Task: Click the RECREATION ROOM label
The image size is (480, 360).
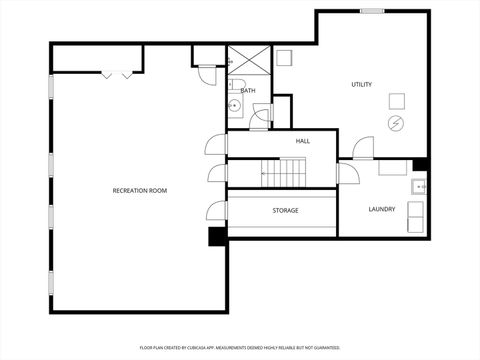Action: [x=138, y=189]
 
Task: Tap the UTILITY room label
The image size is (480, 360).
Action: [x=361, y=84]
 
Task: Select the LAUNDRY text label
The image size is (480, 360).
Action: [x=381, y=209]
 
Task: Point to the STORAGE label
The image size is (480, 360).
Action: [x=285, y=210]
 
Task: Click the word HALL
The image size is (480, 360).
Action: [x=302, y=141]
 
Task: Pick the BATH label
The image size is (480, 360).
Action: [x=248, y=91]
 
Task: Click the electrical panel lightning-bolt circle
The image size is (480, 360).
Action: [x=396, y=123]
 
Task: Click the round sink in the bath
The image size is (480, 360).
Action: [x=233, y=105]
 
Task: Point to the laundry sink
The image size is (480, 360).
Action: [x=419, y=186]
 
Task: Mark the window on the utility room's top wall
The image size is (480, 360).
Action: [x=372, y=11]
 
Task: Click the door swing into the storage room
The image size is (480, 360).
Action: [x=216, y=211]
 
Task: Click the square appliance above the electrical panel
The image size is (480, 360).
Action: [x=396, y=99]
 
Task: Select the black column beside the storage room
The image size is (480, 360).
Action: [x=216, y=236]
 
